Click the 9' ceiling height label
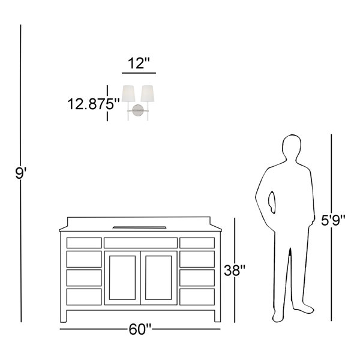[20, 173]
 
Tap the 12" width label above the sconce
[139, 63]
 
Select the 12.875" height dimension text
[94, 104]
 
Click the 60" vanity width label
[140, 329]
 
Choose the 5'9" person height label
[333, 220]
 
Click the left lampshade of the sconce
[128, 94]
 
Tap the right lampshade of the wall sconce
[148, 94]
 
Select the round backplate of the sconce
[138, 110]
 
